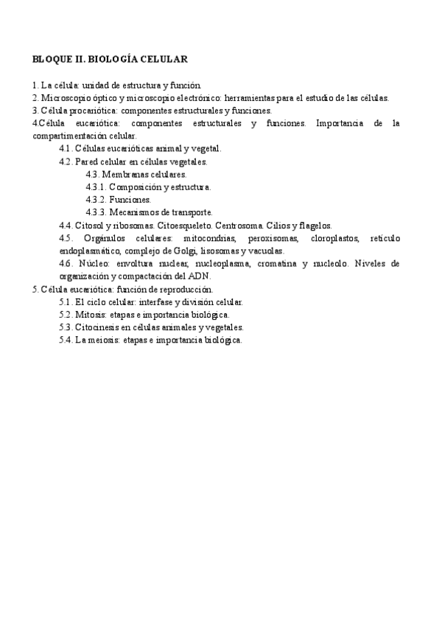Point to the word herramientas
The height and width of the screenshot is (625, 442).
click(251, 97)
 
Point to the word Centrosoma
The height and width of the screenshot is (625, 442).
click(237, 225)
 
